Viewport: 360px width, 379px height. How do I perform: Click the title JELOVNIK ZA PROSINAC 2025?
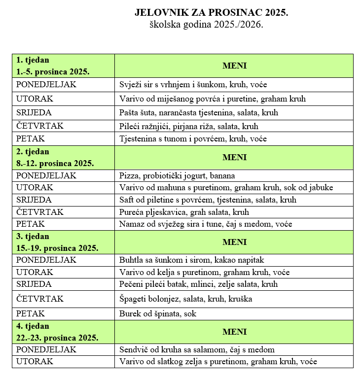tap(211, 12)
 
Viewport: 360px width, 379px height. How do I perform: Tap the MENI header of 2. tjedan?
tap(234, 157)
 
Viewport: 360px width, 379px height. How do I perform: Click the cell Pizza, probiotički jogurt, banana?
tap(177, 175)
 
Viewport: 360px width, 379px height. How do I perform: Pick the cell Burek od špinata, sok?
tap(158, 313)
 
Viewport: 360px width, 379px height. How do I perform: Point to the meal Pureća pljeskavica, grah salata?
tap(184, 212)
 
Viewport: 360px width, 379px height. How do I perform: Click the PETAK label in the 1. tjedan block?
tap(31, 138)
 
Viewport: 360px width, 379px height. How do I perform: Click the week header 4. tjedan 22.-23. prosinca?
tap(57, 332)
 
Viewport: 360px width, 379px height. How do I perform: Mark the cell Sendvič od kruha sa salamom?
tap(197, 350)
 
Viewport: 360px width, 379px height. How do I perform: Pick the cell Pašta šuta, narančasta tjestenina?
tap(199, 112)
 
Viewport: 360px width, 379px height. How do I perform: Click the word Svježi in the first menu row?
tap(130, 84)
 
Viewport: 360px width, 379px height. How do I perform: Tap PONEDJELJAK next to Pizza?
tap(46, 175)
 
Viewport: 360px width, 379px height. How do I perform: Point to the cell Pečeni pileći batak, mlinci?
tap(198, 284)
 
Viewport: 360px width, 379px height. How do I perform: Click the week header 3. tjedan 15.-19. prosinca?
tap(57, 242)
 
